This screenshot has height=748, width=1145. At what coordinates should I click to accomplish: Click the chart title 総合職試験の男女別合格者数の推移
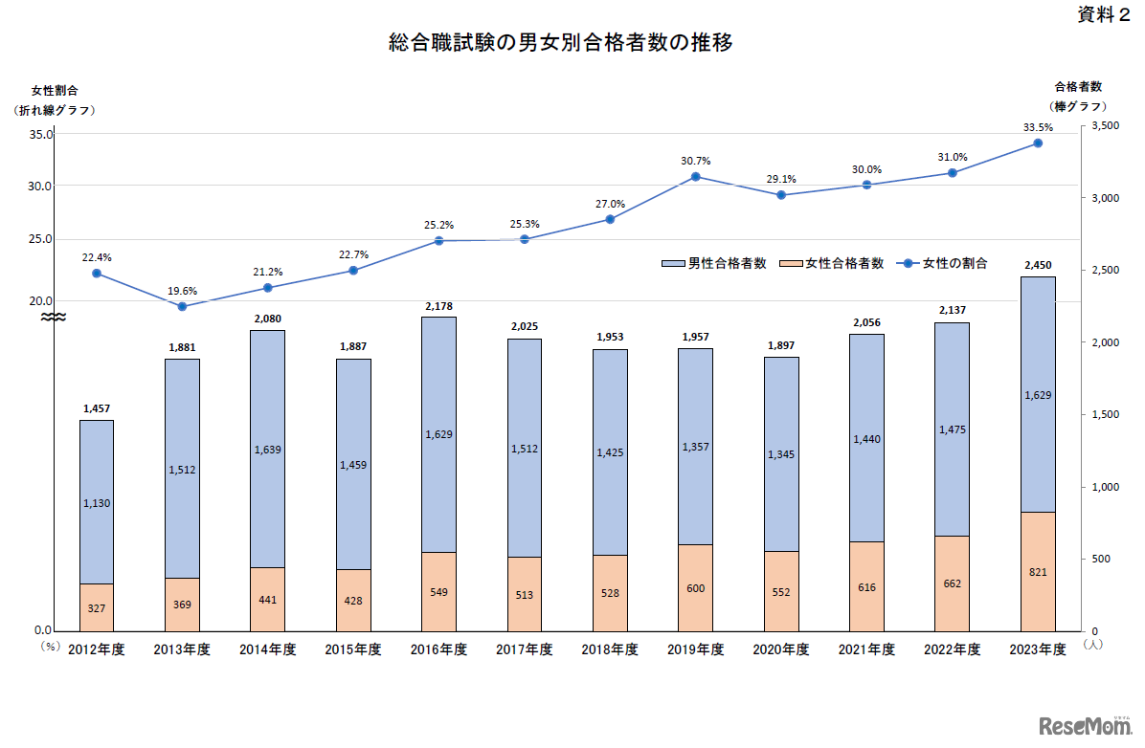click(561, 43)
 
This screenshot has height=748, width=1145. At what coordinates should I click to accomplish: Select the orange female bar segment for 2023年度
click(1038, 571)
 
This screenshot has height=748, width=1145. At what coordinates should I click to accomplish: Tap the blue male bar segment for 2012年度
click(97, 501)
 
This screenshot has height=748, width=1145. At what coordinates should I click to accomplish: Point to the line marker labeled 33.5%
click(1038, 143)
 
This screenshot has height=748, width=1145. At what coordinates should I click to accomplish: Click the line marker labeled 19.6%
click(182, 306)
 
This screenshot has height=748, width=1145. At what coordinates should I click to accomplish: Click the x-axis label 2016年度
click(438, 649)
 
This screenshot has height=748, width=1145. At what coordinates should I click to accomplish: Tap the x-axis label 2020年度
click(781, 649)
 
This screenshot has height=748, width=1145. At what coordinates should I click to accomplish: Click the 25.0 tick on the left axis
click(40, 239)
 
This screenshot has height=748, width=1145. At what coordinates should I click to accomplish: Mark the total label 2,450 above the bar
click(1038, 265)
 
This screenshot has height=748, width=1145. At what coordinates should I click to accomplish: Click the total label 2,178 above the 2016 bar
click(438, 306)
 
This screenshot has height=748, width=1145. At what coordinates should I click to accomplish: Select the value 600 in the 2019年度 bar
click(696, 588)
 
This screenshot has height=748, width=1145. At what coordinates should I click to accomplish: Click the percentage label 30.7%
click(696, 161)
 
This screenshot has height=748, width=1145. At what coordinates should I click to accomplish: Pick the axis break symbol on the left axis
click(54, 317)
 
